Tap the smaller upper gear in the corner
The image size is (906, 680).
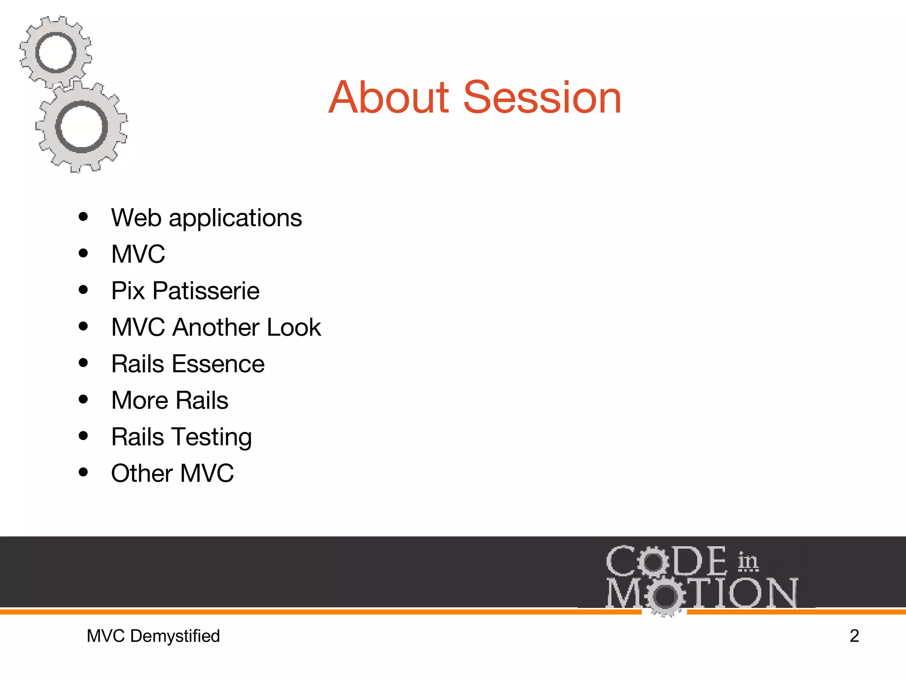click(56, 52)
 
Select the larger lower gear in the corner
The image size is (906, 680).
click(82, 127)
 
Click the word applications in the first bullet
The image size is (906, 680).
click(235, 218)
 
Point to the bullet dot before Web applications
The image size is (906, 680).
click(83, 217)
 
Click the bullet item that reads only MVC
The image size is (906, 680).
click(138, 254)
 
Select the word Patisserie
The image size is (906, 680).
click(206, 291)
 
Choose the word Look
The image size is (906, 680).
click(294, 327)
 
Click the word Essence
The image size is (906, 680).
click(218, 364)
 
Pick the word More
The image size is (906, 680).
click(140, 400)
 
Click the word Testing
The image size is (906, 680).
click(212, 437)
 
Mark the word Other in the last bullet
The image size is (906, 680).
click(142, 473)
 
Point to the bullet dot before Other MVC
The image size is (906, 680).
click(83, 472)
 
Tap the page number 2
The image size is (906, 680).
click(854, 636)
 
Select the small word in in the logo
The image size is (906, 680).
click(748, 562)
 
